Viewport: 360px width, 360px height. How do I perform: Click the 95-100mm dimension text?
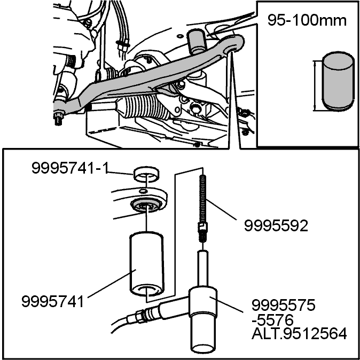(307, 20)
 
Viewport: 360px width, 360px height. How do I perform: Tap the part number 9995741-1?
(70, 168)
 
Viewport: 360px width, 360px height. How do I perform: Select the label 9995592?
(276, 226)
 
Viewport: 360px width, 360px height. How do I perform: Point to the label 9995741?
(53, 301)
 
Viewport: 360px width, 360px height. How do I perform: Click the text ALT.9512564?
(299, 334)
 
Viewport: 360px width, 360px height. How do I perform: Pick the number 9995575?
(283, 306)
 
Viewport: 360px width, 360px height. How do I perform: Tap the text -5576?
(272, 320)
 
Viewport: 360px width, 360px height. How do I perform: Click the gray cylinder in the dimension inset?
(338, 81)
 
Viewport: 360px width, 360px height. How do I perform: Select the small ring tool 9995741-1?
(146, 174)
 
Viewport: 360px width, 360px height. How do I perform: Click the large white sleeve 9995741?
(147, 264)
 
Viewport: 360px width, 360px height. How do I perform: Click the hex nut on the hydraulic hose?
(139, 316)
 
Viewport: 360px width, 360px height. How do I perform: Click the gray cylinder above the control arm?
(196, 41)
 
